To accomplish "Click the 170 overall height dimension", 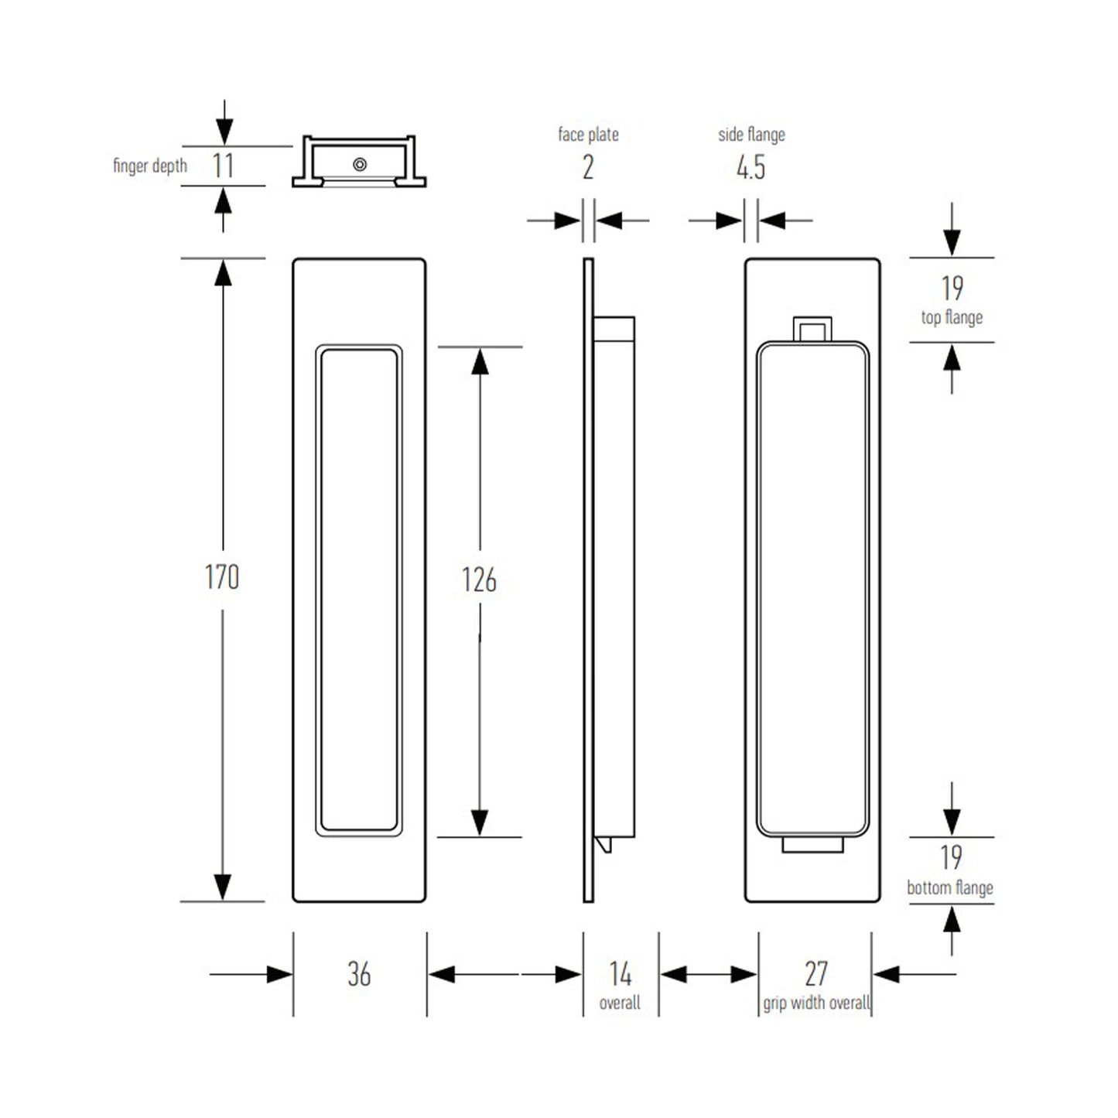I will point(222,577).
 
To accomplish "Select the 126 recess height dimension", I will point(479,580).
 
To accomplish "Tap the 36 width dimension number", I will point(359,974).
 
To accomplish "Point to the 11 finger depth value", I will point(224,166).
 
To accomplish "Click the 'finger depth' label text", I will point(150,166).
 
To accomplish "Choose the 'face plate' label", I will point(588,135).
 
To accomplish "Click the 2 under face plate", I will point(588,167).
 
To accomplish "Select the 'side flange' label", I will point(751,135).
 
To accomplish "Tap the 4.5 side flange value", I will point(750,167).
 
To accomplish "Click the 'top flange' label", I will point(952,317).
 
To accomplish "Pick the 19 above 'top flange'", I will point(952,289).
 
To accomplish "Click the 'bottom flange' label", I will point(950,887).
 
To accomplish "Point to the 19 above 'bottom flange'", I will point(952,857).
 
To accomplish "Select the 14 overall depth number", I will point(621,973).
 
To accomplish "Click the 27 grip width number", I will point(816,973).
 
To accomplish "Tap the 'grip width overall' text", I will point(816,1003).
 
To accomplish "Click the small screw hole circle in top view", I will point(360,164).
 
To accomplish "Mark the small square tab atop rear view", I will point(813,329).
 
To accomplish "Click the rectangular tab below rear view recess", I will point(812,845).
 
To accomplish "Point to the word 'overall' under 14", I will point(620,1003).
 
